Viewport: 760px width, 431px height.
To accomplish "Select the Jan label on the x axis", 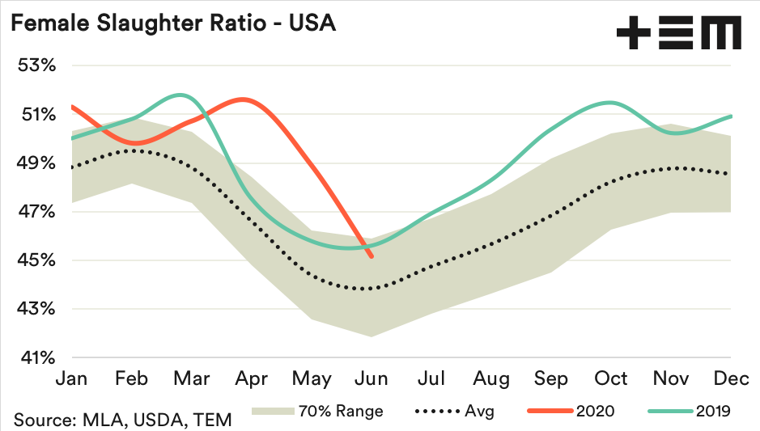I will click(71, 378).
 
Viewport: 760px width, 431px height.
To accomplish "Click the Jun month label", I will click(372, 378).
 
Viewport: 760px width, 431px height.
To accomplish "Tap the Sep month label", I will click(550, 378).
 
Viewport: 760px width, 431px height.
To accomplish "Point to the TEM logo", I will click(678, 34).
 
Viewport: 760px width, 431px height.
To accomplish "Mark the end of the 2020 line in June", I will click(371, 257).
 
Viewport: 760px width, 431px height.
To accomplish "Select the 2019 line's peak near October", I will click(610, 103).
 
